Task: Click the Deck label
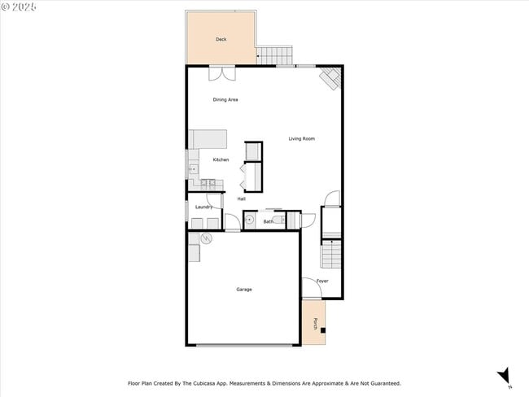(x=221, y=39)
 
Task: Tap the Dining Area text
(x=225, y=100)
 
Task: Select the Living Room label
(x=301, y=139)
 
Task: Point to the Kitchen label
(x=221, y=159)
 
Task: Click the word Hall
(x=242, y=198)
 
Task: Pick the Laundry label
(x=203, y=207)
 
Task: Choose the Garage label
(x=243, y=290)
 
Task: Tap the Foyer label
(x=322, y=281)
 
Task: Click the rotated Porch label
(x=315, y=324)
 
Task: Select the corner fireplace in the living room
(x=330, y=78)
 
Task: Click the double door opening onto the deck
(x=221, y=73)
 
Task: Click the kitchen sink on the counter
(x=193, y=169)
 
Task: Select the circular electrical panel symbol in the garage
(x=207, y=238)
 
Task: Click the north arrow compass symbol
(x=504, y=375)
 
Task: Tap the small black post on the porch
(x=322, y=330)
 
